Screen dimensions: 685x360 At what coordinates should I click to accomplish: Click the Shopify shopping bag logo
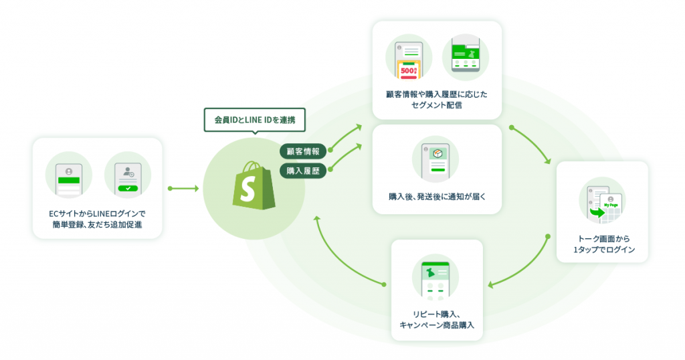coord(254,185)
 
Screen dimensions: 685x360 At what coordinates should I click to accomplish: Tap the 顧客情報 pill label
coord(303,152)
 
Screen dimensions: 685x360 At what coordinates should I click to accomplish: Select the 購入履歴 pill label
coord(303,171)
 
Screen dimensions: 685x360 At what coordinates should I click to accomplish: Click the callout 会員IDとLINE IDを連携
coord(254,120)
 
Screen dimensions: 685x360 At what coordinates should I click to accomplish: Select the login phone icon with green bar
coord(69,179)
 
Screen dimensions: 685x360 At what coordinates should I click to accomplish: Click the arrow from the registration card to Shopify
coord(183,188)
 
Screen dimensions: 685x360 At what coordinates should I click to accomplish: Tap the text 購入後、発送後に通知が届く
coord(437,197)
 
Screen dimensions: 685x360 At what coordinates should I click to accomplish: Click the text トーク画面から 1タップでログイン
coord(604,244)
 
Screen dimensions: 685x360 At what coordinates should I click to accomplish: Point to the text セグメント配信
coord(437,105)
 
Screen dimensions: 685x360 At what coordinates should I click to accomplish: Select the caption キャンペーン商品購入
coord(437,325)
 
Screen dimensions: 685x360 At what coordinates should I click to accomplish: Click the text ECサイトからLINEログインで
coord(97,213)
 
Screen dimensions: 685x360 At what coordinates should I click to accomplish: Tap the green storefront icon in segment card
coord(466,55)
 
